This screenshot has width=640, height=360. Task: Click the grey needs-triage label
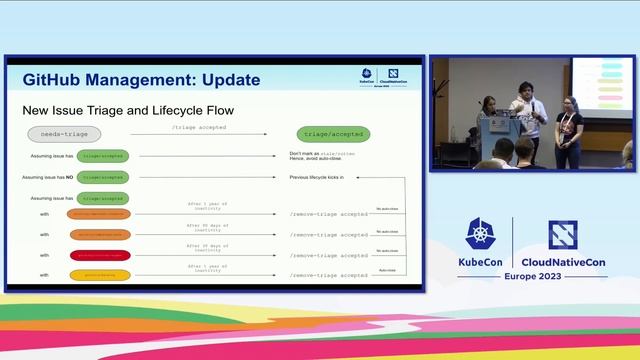[63, 134]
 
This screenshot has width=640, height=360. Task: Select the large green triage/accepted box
[333, 134]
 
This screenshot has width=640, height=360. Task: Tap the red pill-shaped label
[99, 255]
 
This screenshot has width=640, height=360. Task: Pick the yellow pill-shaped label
[99, 273]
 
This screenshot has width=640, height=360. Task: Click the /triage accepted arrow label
[199, 129]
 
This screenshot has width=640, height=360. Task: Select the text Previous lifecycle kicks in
[316, 177]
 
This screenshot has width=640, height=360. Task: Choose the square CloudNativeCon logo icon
[563, 235]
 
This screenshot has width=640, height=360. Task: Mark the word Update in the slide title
[226, 79]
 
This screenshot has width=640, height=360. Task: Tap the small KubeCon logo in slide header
[367, 78]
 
